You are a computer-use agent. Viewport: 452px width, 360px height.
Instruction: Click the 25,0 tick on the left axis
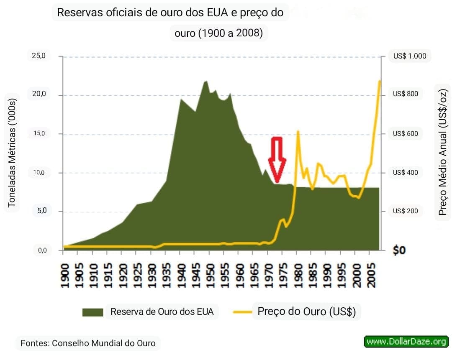(39, 56)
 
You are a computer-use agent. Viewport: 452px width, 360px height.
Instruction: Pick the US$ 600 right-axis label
(405, 134)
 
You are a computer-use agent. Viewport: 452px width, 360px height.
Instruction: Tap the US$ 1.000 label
(409, 56)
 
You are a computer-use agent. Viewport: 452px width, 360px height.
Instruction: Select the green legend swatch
(92, 312)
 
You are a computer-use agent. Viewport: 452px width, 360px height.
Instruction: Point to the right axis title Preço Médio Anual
(442, 150)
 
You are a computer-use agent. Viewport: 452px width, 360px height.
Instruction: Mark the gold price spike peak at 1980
(298, 131)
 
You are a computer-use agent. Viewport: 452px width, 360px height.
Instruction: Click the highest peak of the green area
(206, 81)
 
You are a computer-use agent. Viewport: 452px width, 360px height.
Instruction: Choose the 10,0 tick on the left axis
(39, 173)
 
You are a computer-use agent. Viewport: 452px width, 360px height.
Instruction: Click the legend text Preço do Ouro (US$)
(306, 312)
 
